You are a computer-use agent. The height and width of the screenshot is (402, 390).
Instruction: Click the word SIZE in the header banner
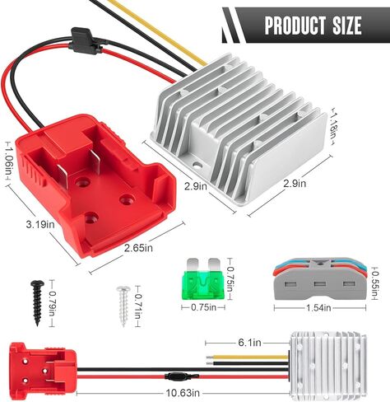(346, 26)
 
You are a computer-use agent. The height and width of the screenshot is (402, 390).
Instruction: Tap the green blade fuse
(202, 279)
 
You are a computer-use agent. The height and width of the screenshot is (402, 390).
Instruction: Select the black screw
(37, 302)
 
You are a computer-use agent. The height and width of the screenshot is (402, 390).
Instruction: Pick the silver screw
(123, 306)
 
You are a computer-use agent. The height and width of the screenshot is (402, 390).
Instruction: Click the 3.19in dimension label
(40, 225)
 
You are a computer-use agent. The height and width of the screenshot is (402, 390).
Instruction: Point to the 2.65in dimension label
(138, 248)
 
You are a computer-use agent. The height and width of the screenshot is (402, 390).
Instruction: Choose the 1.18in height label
(334, 126)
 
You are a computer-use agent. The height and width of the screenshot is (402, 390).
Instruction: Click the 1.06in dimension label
(9, 161)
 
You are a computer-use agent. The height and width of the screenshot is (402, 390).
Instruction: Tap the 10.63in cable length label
(183, 393)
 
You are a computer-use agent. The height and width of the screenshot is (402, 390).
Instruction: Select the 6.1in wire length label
(249, 343)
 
